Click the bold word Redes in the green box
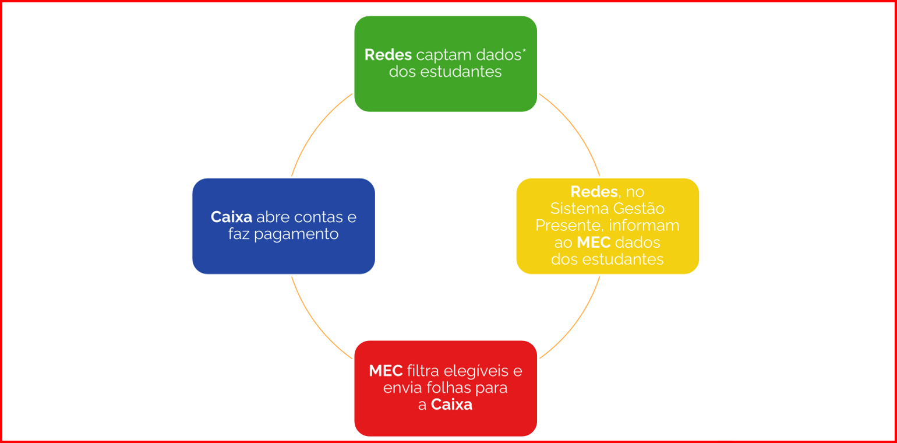tap(388, 55)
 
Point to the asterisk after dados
tap(524, 51)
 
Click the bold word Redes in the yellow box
tap(594, 192)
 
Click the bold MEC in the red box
tap(386, 370)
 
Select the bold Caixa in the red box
tap(451, 405)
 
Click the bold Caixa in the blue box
tap(231, 217)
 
